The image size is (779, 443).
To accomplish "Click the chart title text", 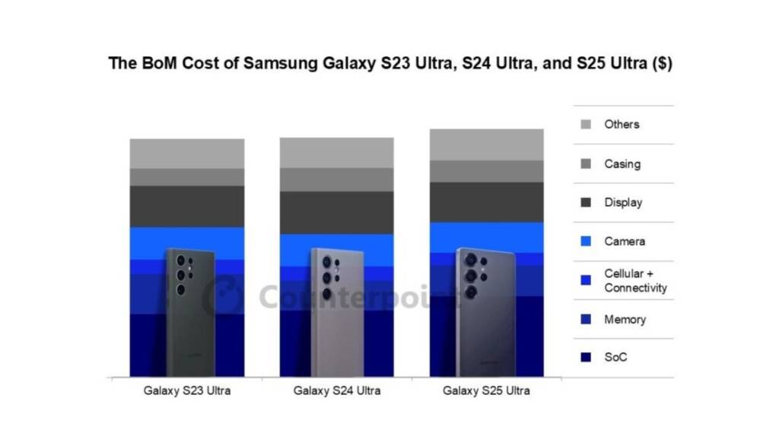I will point(390,63).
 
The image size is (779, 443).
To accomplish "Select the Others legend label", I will point(622,124).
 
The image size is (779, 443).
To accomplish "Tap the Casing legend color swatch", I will point(585,164).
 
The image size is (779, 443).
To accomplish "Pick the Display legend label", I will point(623,202).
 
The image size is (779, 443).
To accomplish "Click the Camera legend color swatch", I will point(585,241).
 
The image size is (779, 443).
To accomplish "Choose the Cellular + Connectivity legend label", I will point(635,280).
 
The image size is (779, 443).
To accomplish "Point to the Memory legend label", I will point(625,319).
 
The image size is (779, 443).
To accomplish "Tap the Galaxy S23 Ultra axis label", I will point(187,391).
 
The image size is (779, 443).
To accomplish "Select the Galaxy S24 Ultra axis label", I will point(337,391).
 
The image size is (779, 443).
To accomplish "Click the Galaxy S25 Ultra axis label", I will point(486,391).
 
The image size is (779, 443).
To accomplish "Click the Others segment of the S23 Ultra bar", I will point(187,153).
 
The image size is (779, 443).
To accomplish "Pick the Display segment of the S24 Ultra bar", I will point(337,212).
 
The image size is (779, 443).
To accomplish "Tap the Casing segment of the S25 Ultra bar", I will point(486,171).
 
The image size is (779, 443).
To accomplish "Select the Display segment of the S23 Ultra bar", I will point(187,206).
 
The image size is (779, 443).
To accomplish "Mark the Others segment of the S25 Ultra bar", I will point(486,145).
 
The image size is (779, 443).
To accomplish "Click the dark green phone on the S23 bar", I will point(186,312).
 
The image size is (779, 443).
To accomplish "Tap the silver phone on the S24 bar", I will point(336,312).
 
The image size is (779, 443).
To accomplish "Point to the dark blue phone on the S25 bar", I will point(485,312).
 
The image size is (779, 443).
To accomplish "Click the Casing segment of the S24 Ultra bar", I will point(337,180).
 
